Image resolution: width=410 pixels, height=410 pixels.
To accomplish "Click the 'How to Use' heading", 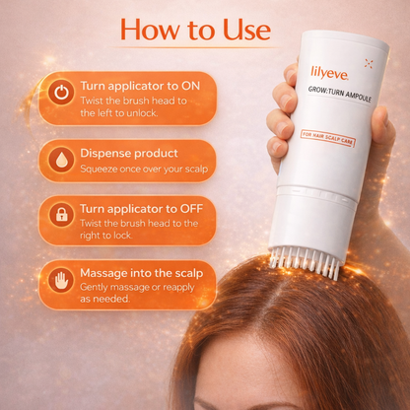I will (195, 30).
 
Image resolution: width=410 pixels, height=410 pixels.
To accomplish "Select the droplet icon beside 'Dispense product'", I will (61, 161).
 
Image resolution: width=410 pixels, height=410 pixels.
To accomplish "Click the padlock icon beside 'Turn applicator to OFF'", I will (61, 216).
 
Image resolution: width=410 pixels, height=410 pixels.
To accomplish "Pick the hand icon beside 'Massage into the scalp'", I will (61, 282).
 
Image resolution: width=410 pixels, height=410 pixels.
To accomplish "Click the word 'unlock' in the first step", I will (159, 113).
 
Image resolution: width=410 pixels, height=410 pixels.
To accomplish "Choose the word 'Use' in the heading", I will (242, 30).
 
